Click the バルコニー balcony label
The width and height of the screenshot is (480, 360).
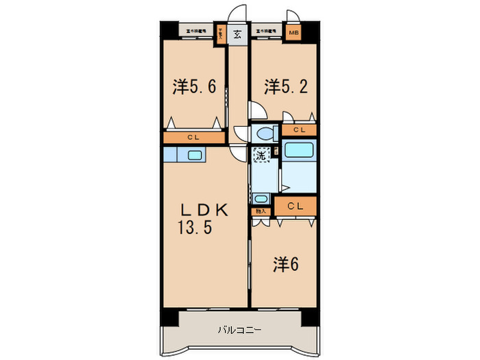(239, 329)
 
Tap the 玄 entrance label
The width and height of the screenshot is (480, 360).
(237, 34)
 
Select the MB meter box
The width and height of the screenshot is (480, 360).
(293, 32)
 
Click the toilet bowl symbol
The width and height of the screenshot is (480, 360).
(263, 133)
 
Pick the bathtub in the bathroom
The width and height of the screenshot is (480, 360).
(298, 152)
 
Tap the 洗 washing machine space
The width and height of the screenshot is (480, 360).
(261, 155)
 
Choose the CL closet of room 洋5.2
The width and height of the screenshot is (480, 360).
(300, 130)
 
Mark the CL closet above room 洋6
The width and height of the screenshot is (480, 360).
(296, 204)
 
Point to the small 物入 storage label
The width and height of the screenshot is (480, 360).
(260, 212)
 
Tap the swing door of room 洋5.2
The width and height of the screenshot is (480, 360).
(257, 110)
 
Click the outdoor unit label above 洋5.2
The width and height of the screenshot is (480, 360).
(266, 31)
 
